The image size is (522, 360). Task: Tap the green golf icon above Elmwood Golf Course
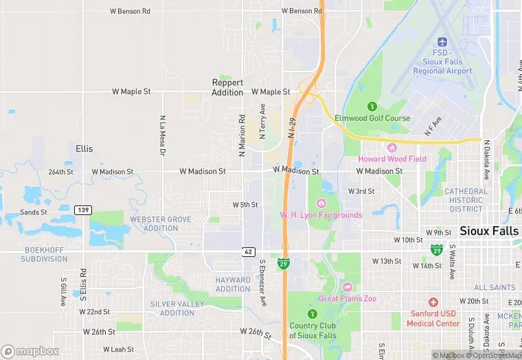(372, 106)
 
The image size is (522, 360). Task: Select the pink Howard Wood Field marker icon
(391, 148)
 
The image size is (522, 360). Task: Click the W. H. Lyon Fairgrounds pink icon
(321, 203)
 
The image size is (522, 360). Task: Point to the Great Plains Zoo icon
(348, 286)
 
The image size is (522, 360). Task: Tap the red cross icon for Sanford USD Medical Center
(433, 302)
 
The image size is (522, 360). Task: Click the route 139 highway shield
(84, 210)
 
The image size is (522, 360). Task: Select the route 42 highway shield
(249, 252)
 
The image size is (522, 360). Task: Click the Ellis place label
(84, 148)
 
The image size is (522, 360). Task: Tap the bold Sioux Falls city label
(489, 231)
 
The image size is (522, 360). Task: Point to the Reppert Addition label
(227, 87)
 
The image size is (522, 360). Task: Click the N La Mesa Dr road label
(163, 135)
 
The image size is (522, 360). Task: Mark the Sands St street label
(33, 212)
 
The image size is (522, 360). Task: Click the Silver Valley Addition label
(177, 308)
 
